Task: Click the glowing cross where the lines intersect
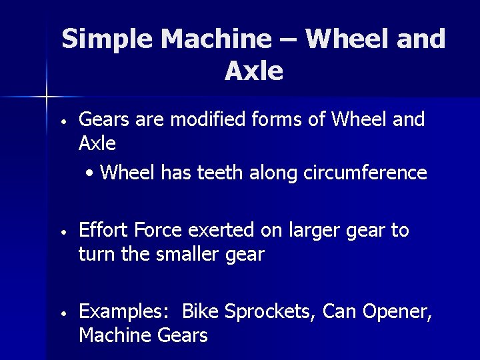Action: tap(47, 97)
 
